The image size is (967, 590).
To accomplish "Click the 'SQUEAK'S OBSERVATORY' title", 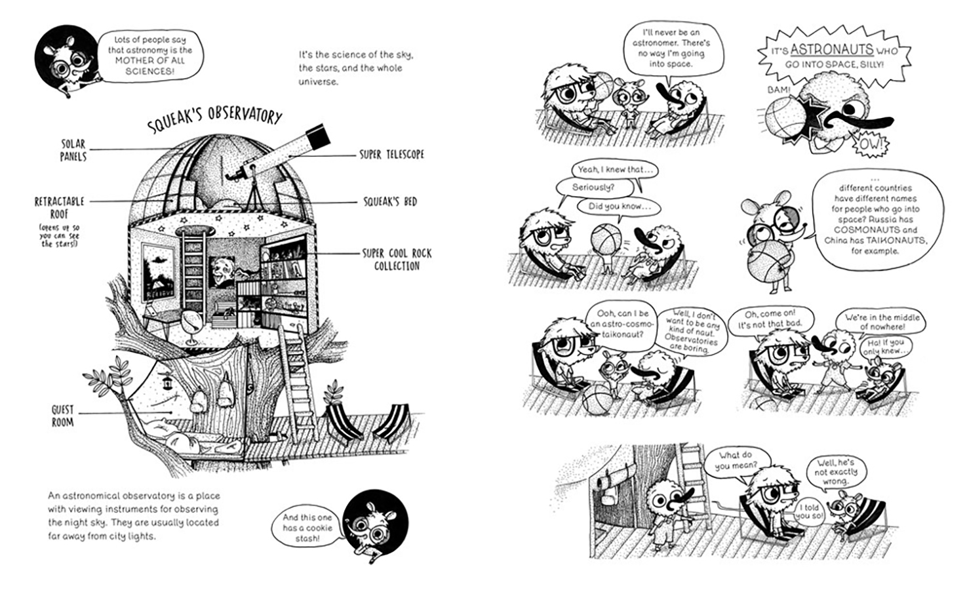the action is pyautogui.click(x=214, y=120).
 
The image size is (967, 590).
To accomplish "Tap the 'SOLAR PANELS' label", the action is pyautogui.click(x=73, y=150).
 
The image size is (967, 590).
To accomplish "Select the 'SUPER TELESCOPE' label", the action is pyautogui.click(x=392, y=155).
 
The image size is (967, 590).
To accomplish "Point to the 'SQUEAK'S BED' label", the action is pyautogui.click(x=390, y=201).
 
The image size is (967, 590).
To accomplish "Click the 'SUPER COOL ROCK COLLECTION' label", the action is pyautogui.click(x=397, y=260).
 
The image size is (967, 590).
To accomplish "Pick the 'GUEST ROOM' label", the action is pyautogui.click(x=62, y=416).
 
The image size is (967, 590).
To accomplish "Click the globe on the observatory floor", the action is pyautogui.click(x=191, y=326).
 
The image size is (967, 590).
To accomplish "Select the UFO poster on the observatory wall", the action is pyautogui.click(x=158, y=271).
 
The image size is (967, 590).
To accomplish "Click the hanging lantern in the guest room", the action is pyautogui.click(x=166, y=380).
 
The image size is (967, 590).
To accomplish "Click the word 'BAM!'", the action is pyautogui.click(x=780, y=90).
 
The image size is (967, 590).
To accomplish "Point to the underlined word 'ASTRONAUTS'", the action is pyautogui.click(x=832, y=50).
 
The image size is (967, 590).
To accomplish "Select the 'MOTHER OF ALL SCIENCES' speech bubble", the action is pyautogui.click(x=149, y=55).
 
